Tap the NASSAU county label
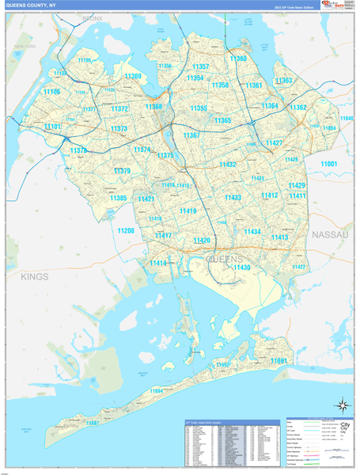[330, 235]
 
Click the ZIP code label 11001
[328, 163]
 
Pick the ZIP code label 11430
[241, 268]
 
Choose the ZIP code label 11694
[156, 390]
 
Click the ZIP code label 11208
[126, 230]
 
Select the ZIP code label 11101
[53, 127]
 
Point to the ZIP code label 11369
[133, 77]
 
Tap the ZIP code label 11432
[228, 164]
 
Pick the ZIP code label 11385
[118, 198]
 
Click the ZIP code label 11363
[283, 81]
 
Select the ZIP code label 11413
[279, 237]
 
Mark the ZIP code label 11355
[199, 108]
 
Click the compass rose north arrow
[342, 405]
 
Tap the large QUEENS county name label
[225, 259]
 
